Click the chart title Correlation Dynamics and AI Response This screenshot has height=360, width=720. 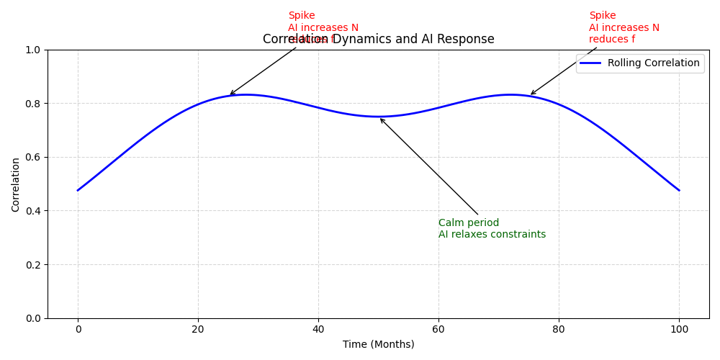[378, 40]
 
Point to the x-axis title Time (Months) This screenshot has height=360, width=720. [378, 344]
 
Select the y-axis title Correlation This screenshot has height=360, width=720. [16, 184]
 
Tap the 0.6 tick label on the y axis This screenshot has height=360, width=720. [32, 157]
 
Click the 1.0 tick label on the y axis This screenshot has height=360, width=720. [32, 50]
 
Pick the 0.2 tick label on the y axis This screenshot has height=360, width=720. [32, 264]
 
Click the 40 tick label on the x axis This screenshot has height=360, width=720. [318, 330]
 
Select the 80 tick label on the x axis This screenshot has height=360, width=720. [559, 330]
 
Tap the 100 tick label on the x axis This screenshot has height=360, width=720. [679, 330]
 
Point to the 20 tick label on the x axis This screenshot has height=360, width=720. [198, 330]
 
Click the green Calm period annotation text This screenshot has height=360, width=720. [469, 223]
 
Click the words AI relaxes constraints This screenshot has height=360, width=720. [492, 235]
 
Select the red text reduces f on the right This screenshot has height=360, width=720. [612, 40]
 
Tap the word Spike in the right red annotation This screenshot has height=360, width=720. [602, 16]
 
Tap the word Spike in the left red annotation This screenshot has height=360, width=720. [301, 16]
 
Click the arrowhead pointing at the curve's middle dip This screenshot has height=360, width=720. [381, 120]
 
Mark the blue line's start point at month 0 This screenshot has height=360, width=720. [78, 190]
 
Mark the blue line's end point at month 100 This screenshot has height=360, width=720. [679, 190]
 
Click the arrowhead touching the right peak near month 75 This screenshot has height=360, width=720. [532, 94]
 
